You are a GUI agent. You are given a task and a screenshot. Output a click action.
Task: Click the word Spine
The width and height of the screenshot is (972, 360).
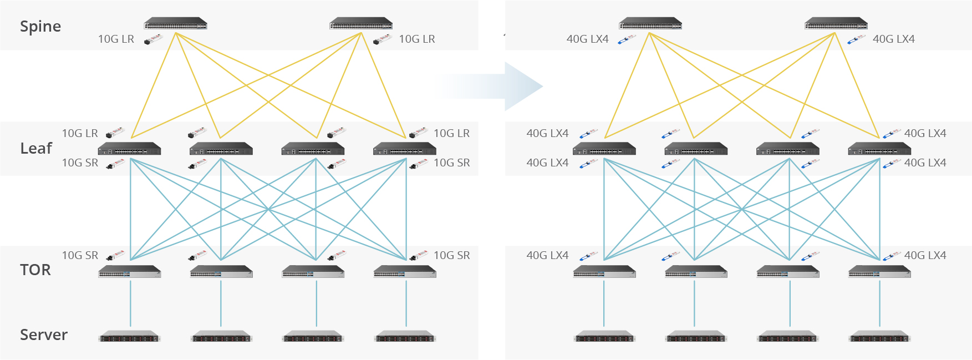[x=40, y=27]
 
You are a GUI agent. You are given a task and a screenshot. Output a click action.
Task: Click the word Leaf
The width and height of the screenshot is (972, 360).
[x=36, y=149]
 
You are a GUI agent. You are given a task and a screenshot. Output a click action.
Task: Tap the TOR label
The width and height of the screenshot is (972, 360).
[x=35, y=270]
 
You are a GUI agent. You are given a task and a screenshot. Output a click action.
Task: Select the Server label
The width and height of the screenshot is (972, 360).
[x=44, y=335]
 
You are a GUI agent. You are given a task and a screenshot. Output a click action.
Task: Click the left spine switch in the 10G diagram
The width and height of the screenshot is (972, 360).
[x=175, y=24]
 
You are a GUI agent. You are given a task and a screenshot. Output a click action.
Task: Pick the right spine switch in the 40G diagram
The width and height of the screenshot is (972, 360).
[x=836, y=24]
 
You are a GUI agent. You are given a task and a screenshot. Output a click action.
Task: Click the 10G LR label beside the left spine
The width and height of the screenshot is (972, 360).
[x=116, y=39]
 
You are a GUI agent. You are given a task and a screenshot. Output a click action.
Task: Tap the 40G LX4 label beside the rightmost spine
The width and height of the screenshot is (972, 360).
[x=893, y=39]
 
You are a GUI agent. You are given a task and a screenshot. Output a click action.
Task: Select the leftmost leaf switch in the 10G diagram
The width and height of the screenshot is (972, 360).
[x=129, y=149]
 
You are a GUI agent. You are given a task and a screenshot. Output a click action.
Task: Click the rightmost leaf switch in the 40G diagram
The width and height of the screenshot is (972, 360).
[x=879, y=149]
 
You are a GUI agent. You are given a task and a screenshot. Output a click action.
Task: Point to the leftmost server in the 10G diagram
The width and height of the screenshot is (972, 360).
[x=130, y=337]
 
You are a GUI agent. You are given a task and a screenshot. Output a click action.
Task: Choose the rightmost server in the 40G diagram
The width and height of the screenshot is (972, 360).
[x=879, y=337]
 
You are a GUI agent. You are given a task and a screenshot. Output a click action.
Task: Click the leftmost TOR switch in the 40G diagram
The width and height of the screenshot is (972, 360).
[x=604, y=272]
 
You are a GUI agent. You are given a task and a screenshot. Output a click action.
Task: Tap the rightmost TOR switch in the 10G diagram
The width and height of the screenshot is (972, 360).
[x=405, y=272]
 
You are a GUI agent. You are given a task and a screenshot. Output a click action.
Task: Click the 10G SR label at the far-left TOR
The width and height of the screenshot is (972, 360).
[x=80, y=256]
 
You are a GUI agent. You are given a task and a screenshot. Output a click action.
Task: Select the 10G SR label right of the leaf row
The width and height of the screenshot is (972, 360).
[x=451, y=163]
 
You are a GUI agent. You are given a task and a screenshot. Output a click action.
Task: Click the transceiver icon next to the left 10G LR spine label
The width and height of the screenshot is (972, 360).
[x=152, y=39]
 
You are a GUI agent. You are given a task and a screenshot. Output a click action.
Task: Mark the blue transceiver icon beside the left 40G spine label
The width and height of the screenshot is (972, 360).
[x=627, y=39]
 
